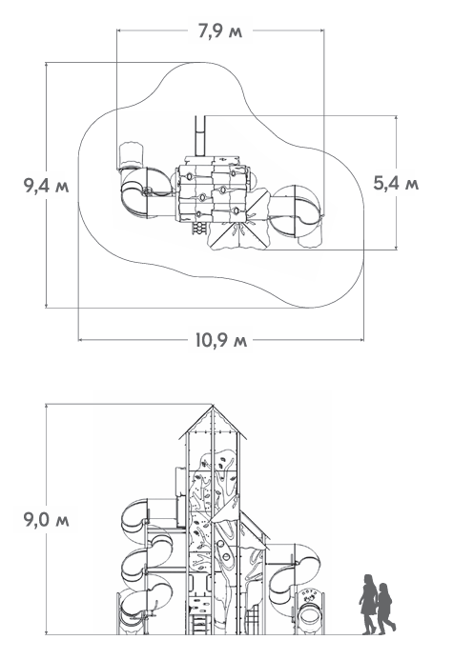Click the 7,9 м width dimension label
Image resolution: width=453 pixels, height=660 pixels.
tap(220, 31)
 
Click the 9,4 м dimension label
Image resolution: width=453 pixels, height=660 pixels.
tap(46, 186)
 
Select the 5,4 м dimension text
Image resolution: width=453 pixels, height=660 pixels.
tap(396, 184)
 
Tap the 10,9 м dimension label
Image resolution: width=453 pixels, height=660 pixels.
tap(221, 340)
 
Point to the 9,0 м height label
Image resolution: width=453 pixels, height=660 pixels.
tap(46, 520)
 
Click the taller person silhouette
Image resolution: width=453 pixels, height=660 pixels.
tap(368, 604)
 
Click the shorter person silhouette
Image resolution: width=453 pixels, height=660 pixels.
tap(385, 609)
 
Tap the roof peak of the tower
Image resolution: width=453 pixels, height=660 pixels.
tap(213, 406)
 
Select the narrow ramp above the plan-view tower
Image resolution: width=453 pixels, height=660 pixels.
tap(199, 136)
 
